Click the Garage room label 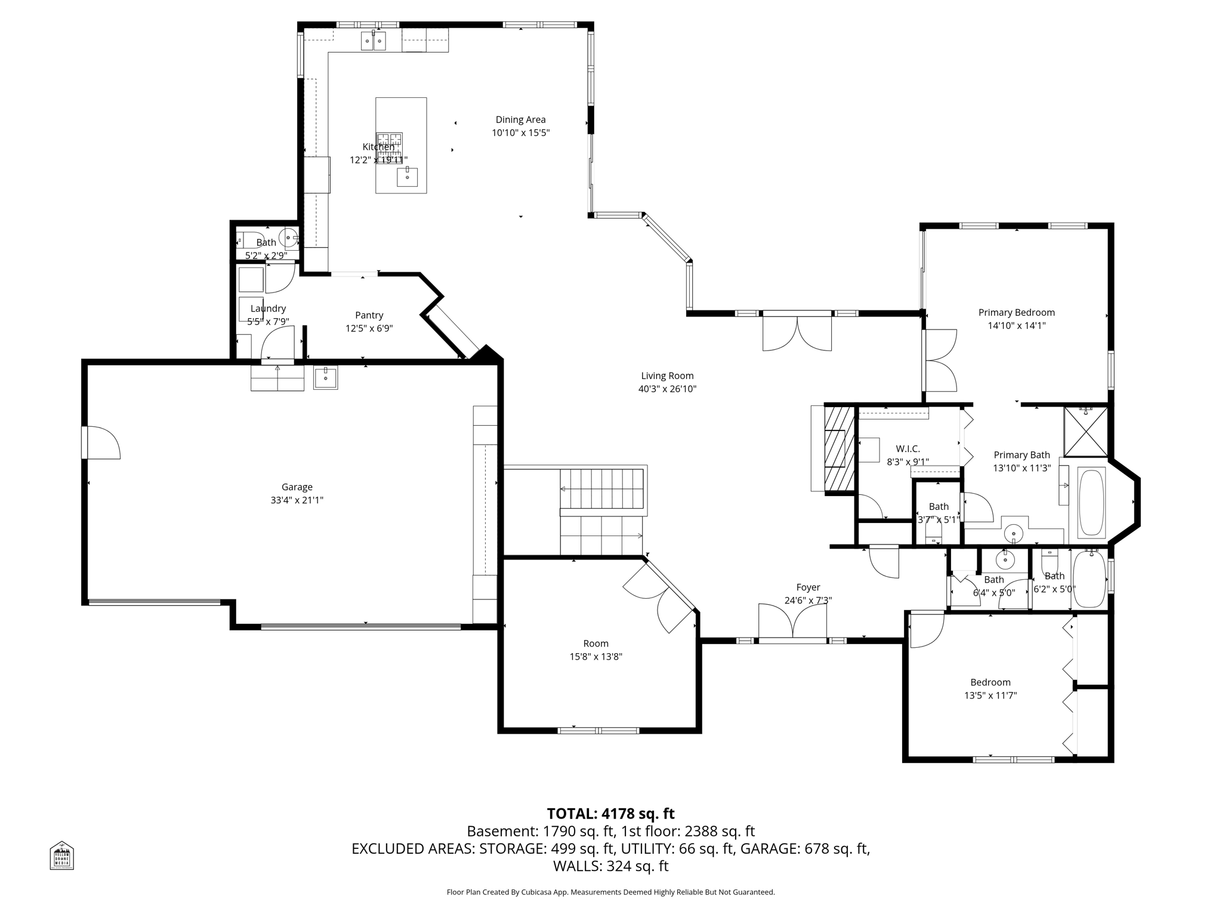pyautogui.click(x=297, y=487)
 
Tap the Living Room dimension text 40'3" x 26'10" pyautogui.click(x=667, y=389)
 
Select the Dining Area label pyautogui.click(x=520, y=120)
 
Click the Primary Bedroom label pyautogui.click(x=1016, y=313)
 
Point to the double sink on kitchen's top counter pyautogui.click(x=374, y=41)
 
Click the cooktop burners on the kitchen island pyautogui.click(x=389, y=143)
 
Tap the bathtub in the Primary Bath pyautogui.click(x=1091, y=503)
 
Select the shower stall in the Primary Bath pyautogui.click(x=1085, y=432)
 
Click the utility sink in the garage pyautogui.click(x=325, y=377)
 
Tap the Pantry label pyautogui.click(x=369, y=315)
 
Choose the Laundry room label pyautogui.click(x=268, y=309)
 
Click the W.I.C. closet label pyautogui.click(x=908, y=449)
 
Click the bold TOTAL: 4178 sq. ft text pyautogui.click(x=610, y=814)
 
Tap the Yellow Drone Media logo pyautogui.click(x=61, y=856)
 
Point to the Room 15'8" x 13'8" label pyautogui.click(x=595, y=644)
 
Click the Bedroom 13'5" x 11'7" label pyautogui.click(x=990, y=682)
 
